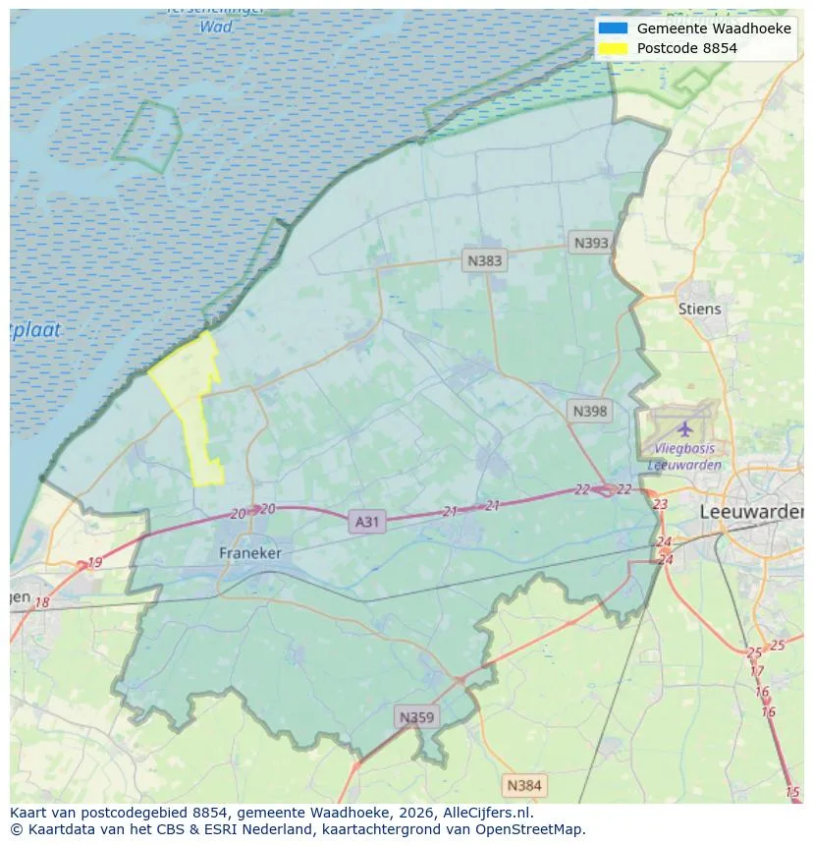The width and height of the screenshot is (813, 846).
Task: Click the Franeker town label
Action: coord(249,553)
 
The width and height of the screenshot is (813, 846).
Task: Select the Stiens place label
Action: coord(699,309)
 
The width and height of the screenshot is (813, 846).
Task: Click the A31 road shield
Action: coord(366,522)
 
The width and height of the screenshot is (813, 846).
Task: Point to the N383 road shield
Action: coord(484,260)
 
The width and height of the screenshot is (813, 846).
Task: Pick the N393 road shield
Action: coord(591,243)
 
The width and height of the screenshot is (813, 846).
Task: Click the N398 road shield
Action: coord(589,411)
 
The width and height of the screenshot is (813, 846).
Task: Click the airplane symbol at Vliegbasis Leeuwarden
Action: coord(684,428)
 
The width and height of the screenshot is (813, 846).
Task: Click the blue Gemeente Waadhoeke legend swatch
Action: coord(612,28)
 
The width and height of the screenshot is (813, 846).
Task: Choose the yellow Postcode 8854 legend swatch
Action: coord(612,47)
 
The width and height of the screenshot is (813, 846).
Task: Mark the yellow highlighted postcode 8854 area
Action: coord(191,393)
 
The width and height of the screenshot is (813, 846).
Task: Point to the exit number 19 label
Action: coord(94,563)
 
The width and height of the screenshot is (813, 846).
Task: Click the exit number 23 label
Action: coord(660,504)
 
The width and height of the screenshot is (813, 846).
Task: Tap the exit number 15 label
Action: coord(792,792)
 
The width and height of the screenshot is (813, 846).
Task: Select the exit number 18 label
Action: coord(41,602)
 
